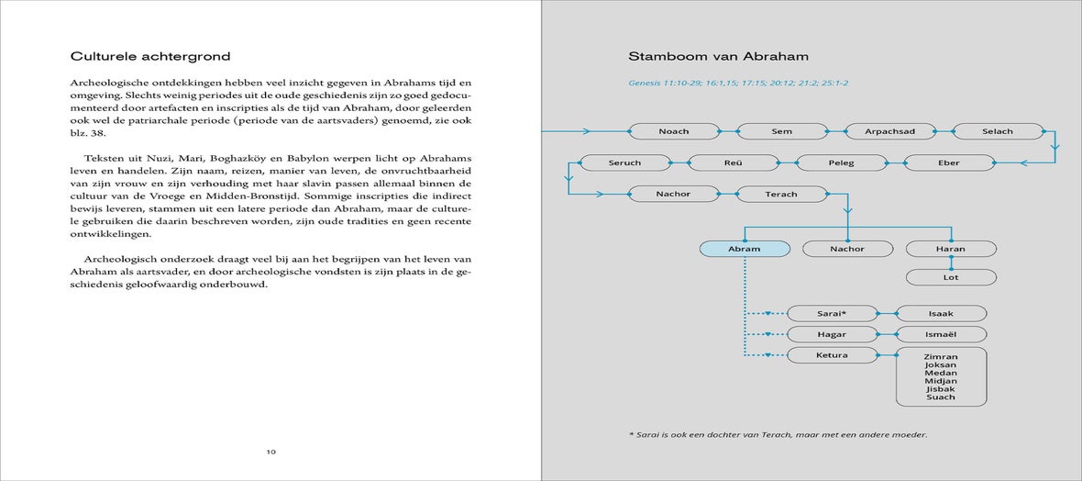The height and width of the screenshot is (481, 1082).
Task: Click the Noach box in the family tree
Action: click(x=674, y=131)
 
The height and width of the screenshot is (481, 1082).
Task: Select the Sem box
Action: click(x=781, y=131)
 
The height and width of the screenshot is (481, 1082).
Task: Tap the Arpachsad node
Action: click(x=889, y=131)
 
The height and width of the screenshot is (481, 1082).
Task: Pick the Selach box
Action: click(x=998, y=131)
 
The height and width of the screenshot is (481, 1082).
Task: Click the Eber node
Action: click(x=950, y=162)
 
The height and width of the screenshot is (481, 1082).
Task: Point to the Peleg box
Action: click(x=841, y=162)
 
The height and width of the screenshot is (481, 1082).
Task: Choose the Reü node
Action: click(x=733, y=162)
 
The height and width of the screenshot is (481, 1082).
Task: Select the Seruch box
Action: click(x=624, y=162)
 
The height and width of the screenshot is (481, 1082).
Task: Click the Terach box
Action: click(x=781, y=194)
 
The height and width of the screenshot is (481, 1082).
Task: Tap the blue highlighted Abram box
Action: click(x=744, y=249)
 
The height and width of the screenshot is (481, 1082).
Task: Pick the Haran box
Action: click(x=951, y=249)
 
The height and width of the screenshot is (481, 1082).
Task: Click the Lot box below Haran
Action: click(x=951, y=277)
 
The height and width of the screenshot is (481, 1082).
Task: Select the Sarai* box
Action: click(x=832, y=314)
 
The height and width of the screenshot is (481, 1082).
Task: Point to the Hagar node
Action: click(x=832, y=334)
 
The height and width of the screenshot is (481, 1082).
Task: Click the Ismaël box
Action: click(x=941, y=334)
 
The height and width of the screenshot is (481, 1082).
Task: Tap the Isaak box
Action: click(x=941, y=314)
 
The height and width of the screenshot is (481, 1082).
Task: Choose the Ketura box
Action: click(x=832, y=355)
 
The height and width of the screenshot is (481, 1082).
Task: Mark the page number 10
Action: click(x=271, y=452)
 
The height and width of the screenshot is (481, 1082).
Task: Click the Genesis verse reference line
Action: click(x=737, y=84)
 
